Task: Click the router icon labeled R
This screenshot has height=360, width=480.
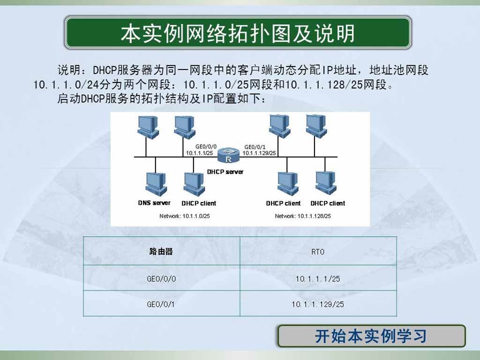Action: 228,156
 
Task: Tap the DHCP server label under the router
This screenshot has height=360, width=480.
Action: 225,172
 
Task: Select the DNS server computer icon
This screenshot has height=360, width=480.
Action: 156,184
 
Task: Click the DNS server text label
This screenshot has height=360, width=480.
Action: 154,202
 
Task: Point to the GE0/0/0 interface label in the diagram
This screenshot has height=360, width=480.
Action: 206,147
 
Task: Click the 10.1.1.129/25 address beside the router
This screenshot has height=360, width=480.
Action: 259,153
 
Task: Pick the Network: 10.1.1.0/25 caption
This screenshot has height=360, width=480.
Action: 184,216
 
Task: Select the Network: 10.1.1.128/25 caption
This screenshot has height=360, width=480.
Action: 303,216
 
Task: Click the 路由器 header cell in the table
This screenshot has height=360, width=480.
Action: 161,251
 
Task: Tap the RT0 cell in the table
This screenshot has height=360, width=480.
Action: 318,252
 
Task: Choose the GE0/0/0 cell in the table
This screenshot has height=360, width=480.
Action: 161,278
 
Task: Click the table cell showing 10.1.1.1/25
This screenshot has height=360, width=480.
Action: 318,278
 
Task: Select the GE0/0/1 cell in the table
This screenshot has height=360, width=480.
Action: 161,304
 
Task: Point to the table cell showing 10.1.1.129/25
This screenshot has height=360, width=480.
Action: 318,304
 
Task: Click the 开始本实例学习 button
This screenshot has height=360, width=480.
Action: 371,336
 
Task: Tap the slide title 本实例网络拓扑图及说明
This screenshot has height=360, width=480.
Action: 238,33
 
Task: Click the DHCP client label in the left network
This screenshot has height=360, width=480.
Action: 199,203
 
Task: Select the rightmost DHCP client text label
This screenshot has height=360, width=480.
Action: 328,203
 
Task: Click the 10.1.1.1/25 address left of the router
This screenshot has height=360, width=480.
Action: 199,153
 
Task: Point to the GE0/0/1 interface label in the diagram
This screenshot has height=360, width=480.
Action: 255,147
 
